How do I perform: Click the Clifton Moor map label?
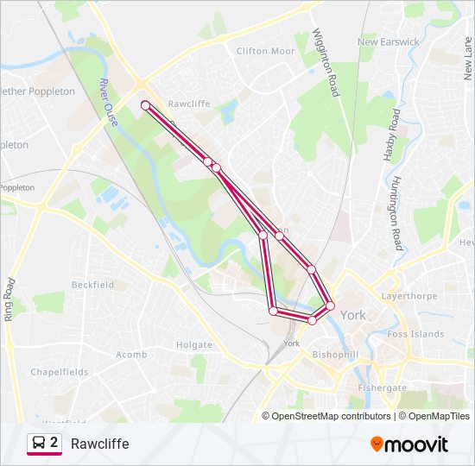tap(265, 51)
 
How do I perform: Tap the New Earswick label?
tap(388, 41)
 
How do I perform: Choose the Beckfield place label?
tap(92, 285)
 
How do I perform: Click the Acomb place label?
tap(131, 354)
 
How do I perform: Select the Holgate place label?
tap(193, 345)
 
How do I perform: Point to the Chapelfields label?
tap(60, 372)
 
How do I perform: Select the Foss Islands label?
tap(415, 334)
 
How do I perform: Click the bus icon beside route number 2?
tap(38, 444)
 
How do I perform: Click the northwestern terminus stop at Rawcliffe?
tap(145, 105)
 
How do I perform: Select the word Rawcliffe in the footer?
tap(100, 444)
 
